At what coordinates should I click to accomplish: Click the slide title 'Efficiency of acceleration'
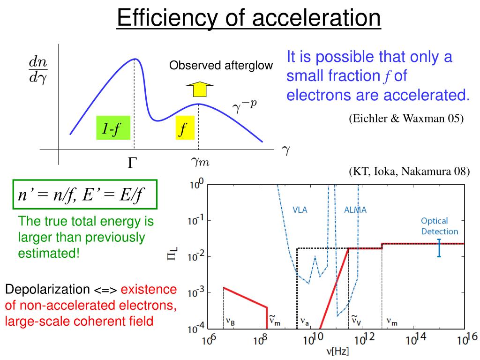(x=248, y=19)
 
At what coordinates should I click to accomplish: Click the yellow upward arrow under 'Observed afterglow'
(x=199, y=90)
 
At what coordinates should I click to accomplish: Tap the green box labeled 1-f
(x=112, y=127)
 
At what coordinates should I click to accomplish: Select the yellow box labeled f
(x=185, y=127)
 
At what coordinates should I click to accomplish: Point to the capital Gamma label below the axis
(x=133, y=163)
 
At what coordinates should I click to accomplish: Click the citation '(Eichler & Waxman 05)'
(x=406, y=118)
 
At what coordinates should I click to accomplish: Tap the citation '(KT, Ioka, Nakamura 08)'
(x=409, y=171)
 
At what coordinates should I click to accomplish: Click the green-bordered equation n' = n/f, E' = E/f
(x=85, y=195)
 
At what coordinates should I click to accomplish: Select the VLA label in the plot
(x=300, y=210)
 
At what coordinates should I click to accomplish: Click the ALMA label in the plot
(x=355, y=210)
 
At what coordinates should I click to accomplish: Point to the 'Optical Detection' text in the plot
(x=439, y=225)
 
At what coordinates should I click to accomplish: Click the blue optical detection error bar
(x=439, y=248)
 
